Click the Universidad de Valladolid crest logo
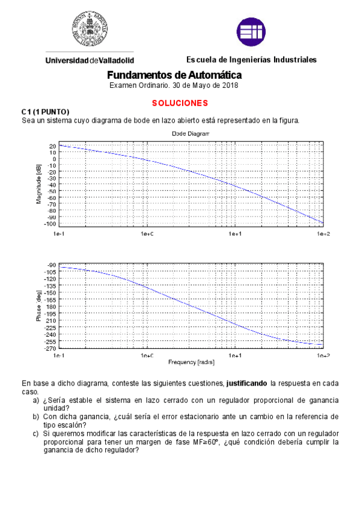click(90, 29)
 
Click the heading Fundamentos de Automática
click(174, 75)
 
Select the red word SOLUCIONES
click(180, 103)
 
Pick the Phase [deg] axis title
click(38, 306)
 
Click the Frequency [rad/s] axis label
click(191, 363)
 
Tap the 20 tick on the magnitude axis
click(52, 146)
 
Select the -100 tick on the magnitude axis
click(50, 224)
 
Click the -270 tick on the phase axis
click(50, 348)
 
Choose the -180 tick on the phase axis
click(51, 307)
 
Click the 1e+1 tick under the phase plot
click(235, 356)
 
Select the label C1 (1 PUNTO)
click(45, 112)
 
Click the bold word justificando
click(246, 382)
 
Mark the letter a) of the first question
click(37, 400)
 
